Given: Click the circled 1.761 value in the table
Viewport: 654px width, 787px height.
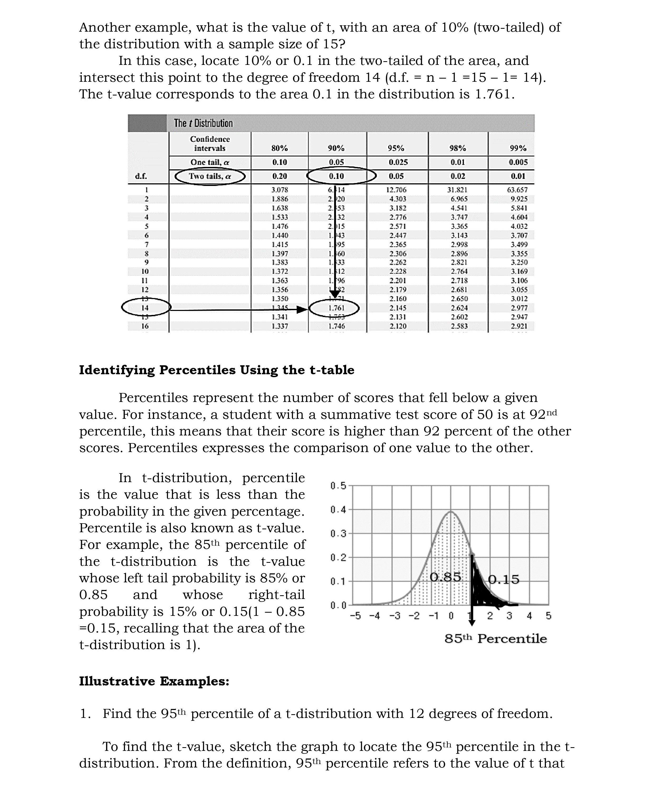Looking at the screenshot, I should (336, 308).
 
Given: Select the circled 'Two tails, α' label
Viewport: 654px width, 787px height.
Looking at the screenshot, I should (210, 176).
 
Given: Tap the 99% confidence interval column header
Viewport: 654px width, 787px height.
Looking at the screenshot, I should (518, 148).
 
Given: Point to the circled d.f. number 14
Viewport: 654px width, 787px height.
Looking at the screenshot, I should (145, 308).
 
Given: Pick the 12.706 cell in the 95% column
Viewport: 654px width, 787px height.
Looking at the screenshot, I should (396, 190).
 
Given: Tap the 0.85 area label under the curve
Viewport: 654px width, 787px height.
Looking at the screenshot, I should (445, 577).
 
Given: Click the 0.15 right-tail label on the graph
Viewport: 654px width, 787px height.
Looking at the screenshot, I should (504, 579).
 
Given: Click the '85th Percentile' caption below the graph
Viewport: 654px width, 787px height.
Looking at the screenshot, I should (496, 639).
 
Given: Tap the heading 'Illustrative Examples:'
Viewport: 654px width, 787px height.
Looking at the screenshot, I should (154, 681).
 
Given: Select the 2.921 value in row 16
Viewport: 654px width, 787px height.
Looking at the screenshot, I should (518, 326).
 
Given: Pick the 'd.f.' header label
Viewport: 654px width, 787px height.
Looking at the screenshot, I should (141, 176).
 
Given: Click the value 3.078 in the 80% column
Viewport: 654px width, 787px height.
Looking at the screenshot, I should (280, 190).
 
